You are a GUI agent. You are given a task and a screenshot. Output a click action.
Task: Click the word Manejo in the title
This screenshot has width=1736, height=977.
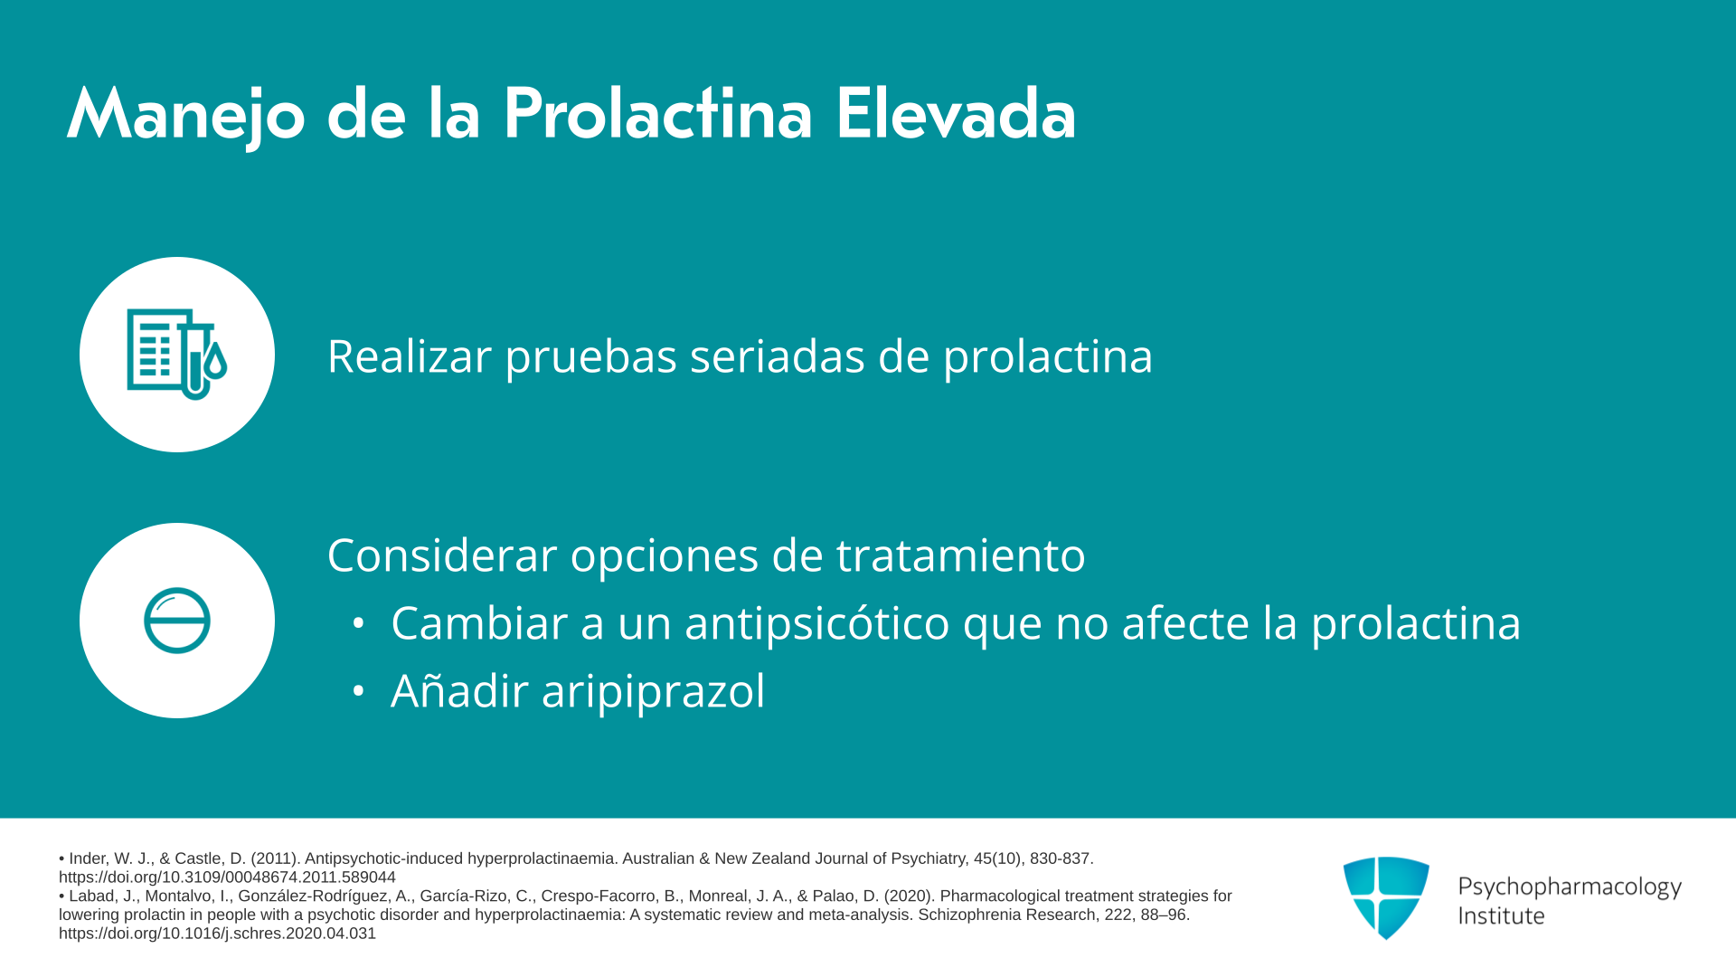coord(186,116)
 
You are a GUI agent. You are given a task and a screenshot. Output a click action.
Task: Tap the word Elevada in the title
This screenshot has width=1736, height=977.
coord(955,114)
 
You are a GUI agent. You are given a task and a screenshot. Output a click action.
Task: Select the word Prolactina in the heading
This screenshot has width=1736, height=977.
coord(657,114)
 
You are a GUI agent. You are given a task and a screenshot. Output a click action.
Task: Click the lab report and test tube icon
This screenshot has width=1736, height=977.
coord(177,355)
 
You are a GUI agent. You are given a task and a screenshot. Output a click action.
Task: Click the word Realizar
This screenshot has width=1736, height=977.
coord(408,356)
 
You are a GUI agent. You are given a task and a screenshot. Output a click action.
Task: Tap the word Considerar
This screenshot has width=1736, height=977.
coord(441,555)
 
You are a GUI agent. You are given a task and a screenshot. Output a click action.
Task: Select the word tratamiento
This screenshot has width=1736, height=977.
coord(960,555)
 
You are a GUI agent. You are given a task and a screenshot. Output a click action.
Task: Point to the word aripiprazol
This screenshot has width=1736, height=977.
coord(653,692)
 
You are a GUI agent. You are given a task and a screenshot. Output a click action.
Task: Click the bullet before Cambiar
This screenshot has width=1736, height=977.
coord(358,623)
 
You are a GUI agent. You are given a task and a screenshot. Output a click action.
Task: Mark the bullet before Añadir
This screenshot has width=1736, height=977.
coord(358,691)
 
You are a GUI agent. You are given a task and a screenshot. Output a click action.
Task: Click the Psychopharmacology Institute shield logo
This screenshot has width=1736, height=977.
coord(1386,897)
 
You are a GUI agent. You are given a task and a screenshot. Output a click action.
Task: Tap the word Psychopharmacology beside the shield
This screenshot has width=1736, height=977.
coord(1570,887)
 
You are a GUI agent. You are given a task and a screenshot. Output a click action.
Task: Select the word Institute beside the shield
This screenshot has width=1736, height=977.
coord(1501,915)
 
